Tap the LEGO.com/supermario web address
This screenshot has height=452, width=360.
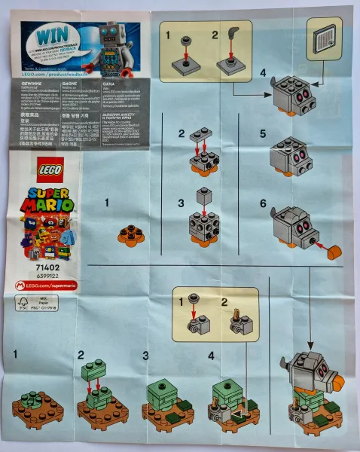pyautogui.click(x=49, y=285)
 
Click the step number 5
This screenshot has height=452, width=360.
pyautogui.click(x=263, y=133)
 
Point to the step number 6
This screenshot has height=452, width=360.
pyautogui.click(x=263, y=203)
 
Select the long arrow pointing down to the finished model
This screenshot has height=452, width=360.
pyautogui.click(x=310, y=301)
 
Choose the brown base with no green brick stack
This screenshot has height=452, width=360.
pyautogui.click(x=38, y=407)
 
